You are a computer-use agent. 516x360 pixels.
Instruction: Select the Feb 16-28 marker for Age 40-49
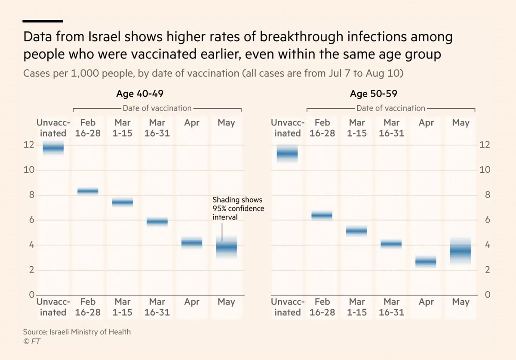[88, 191]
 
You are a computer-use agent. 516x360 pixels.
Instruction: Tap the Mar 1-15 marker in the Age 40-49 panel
[123, 202]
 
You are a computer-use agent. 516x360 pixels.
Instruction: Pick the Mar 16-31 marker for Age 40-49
[157, 222]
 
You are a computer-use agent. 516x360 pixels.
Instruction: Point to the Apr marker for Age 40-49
[192, 243]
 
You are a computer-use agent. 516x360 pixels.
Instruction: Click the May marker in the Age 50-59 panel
[461, 251]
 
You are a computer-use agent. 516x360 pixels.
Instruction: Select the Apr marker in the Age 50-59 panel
[426, 261]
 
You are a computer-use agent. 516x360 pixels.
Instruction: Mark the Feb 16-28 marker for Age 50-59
[322, 215]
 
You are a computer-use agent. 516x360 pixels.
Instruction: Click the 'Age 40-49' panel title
[140, 94]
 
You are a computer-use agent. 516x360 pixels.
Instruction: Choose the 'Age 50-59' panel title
[374, 94]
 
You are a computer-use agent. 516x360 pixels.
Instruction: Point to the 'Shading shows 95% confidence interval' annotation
[237, 209]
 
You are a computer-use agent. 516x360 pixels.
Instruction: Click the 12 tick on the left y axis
[28, 145]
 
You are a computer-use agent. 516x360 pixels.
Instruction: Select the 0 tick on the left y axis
[31, 295]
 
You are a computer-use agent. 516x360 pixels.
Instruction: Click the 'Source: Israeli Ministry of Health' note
[77, 332]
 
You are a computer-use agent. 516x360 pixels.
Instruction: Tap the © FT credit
[32, 341]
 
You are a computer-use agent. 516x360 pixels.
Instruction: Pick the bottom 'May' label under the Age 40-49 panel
[226, 302]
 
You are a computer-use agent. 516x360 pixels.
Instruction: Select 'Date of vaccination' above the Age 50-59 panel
[390, 108]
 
